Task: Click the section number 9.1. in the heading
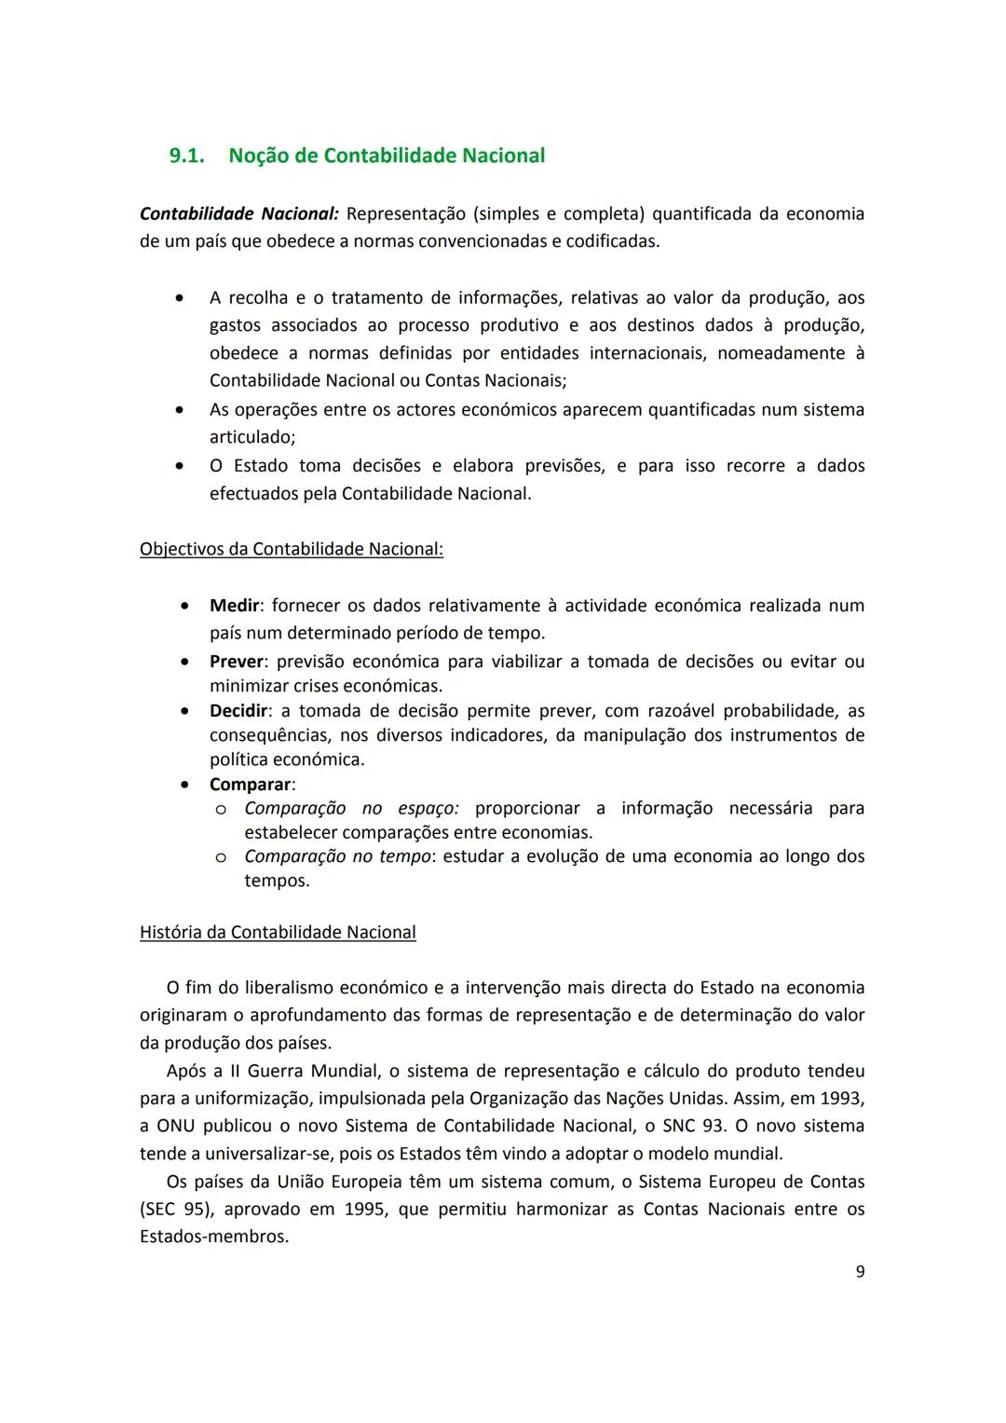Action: [x=186, y=156]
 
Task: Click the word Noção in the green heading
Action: [x=258, y=156]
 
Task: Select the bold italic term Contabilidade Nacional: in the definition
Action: [x=239, y=213]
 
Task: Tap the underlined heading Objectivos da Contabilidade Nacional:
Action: [x=292, y=549]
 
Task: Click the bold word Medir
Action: [x=234, y=606]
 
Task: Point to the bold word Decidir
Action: [x=238, y=711]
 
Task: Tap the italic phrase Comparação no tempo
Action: [x=337, y=856]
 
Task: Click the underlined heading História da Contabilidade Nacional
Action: [x=278, y=932]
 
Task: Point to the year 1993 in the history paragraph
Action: [x=842, y=1099]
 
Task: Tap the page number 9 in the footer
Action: [x=860, y=1271]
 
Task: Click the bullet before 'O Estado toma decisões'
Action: [x=179, y=465]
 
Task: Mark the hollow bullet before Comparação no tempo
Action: [x=221, y=856]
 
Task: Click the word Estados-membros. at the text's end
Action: [x=214, y=1238]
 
